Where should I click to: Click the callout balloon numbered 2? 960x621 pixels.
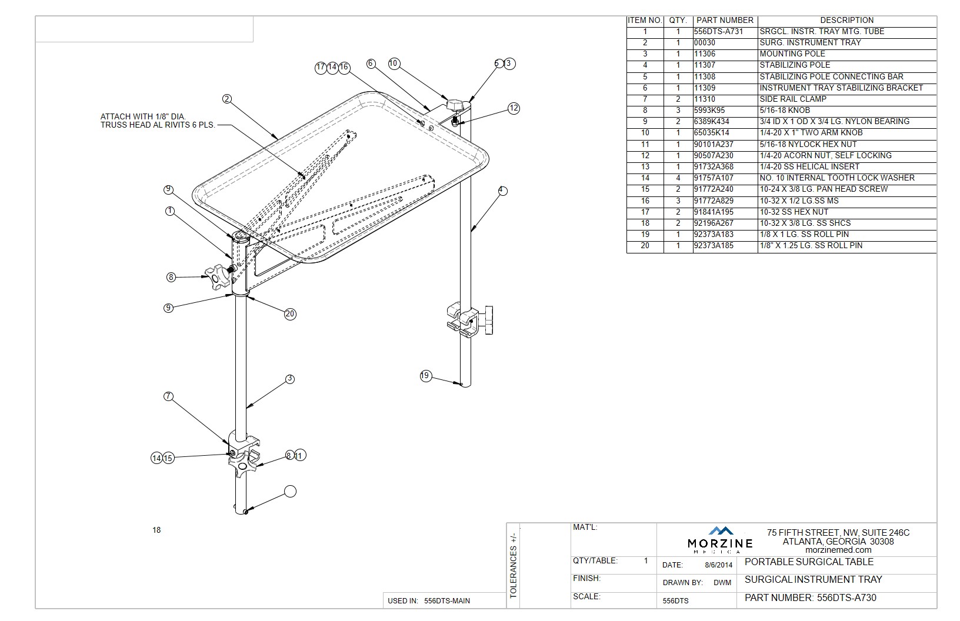[x=227, y=99]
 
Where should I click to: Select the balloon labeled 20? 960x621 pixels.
[x=290, y=314]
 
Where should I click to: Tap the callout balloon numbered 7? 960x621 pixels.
[x=169, y=396]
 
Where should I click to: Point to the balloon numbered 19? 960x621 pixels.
[x=426, y=376]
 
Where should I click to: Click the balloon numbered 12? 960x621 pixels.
[x=514, y=108]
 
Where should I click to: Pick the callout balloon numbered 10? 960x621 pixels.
[x=394, y=64]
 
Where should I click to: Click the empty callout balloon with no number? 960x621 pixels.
[x=290, y=492]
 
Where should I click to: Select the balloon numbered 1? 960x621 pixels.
[x=170, y=211]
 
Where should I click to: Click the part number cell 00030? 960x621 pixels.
[x=705, y=43]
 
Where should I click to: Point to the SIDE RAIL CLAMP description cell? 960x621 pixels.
[x=793, y=99]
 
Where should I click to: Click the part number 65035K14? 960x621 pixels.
[x=712, y=133]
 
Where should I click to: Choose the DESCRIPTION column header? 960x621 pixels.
[x=846, y=20]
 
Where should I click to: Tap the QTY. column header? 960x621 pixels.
[x=678, y=20]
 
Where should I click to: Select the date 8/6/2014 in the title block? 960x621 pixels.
[x=719, y=565]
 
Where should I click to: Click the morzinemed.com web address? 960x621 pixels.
[x=838, y=550]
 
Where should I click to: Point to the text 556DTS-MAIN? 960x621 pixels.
[x=447, y=601]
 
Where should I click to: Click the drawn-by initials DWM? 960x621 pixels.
[x=722, y=583]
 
